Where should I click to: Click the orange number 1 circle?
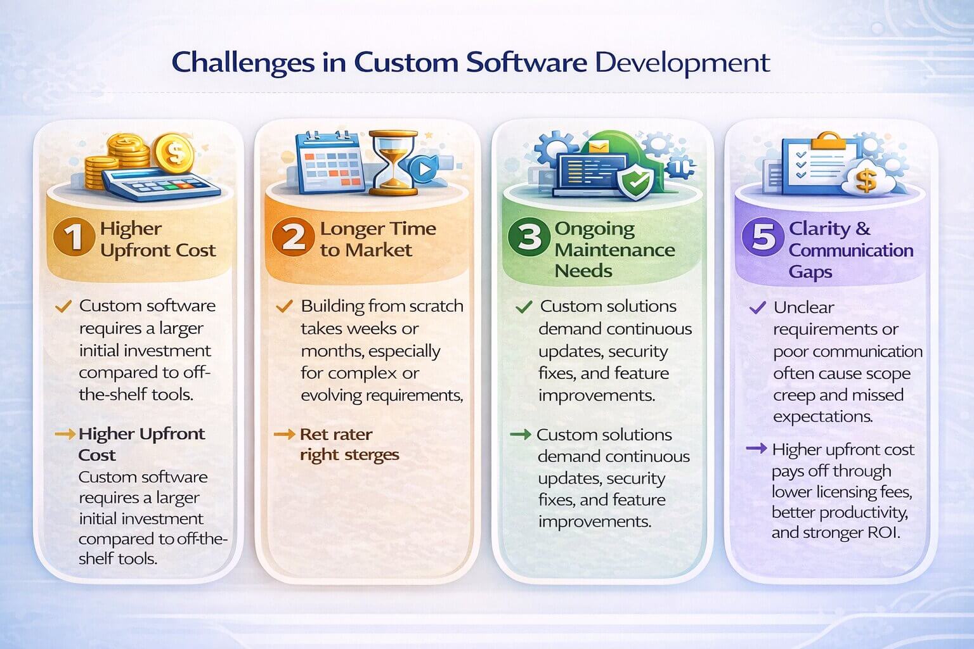click(74, 238)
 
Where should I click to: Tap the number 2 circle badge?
click(292, 238)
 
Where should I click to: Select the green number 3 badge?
click(529, 238)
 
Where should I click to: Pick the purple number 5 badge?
click(763, 238)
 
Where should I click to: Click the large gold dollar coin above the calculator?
click(174, 153)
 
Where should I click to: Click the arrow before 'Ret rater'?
click(283, 435)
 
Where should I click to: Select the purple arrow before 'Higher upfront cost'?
click(756, 449)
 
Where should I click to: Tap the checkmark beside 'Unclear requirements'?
click(757, 308)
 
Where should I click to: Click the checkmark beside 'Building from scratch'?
click(284, 307)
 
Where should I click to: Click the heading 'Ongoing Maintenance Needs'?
click(614, 249)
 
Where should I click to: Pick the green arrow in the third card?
click(520, 434)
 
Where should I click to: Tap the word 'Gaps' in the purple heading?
click(810, 272)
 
